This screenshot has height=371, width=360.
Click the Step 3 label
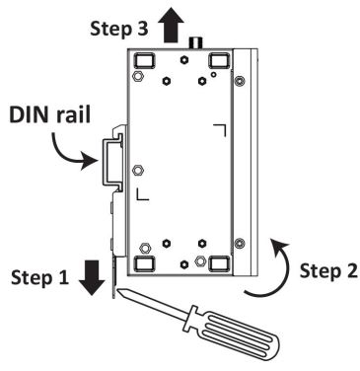(119, 29)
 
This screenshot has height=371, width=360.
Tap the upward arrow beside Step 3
(171, 26)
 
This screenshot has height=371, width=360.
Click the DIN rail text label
(49, 114)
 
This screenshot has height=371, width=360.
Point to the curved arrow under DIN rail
(72, 154)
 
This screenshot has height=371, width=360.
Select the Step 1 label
(39, 277)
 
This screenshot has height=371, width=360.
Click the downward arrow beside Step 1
(92, 277)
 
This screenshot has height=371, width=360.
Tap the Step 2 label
(328, 271)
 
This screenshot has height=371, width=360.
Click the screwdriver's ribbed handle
(234, 333)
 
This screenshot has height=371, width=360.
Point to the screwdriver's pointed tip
(118, 289)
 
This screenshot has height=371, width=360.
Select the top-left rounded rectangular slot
(144, 60)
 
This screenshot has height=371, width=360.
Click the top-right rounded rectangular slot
(219, 60)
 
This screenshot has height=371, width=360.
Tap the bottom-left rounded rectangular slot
(144, 263)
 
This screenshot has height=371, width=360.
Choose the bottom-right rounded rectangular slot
(219, 263)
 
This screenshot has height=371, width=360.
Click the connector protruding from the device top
(195, 42)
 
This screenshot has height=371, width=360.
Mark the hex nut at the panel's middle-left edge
(137, 170)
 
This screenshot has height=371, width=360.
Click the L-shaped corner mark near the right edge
(219, 130)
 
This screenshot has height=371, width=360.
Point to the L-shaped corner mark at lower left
(143, 194)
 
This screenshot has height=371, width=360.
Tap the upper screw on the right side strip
(240, 80)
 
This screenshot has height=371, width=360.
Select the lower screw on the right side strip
(240, 244)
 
